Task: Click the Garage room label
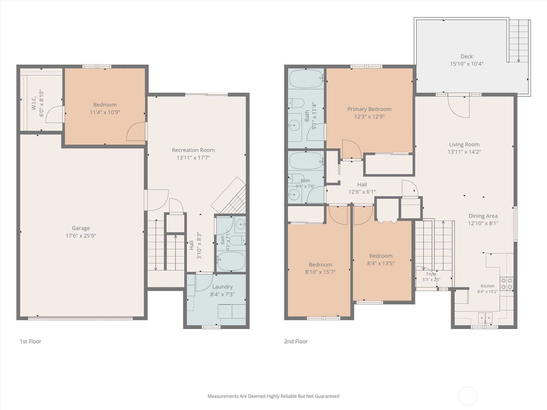[81, 228]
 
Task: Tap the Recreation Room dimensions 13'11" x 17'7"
[194, 158]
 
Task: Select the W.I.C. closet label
[34, 103]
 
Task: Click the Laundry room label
[222, 287]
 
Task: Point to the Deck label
[467, 56]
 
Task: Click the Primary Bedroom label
[369, 109]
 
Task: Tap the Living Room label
[464, 145]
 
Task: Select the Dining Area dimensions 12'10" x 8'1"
[483, 223]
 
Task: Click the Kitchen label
[488, 286]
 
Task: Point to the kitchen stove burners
[507, 284]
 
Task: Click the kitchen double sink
[485, 318]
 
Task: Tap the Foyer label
[431, 274]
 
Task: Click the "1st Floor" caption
[30, 341]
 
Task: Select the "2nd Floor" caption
[296, 341]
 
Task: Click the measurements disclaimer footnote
[273, 396]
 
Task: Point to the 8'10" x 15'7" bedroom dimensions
[320, 272]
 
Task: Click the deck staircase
[518, 41]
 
